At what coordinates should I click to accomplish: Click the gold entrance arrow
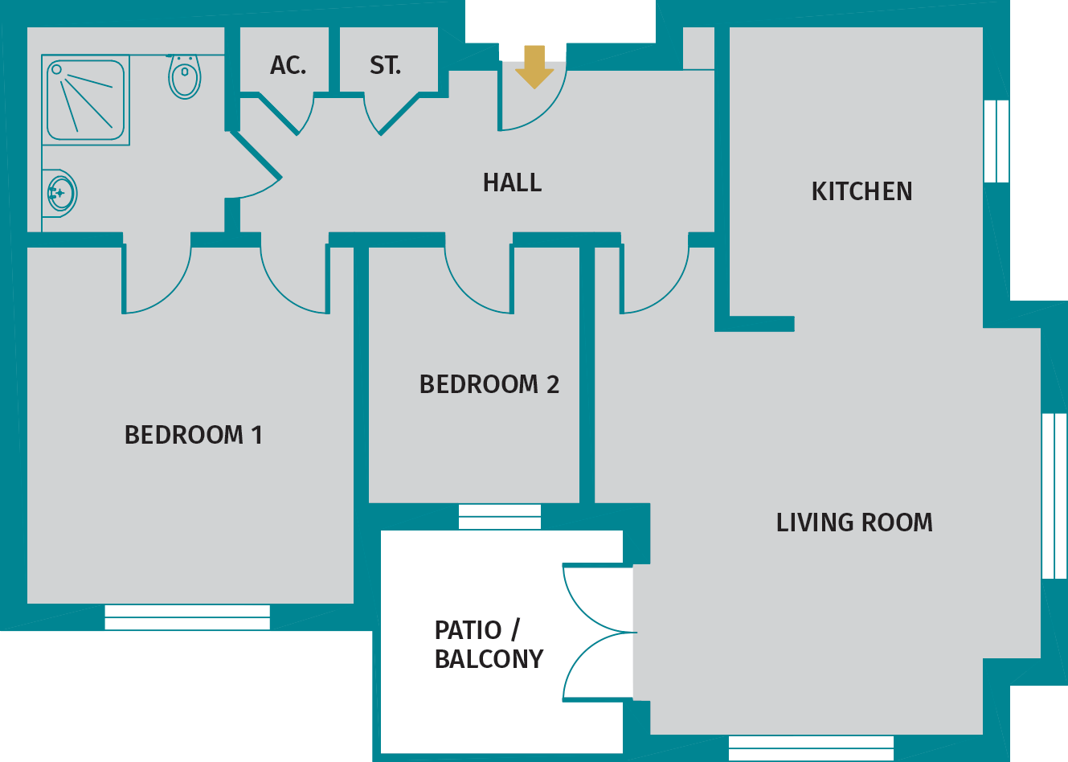534,67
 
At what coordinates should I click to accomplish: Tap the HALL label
512,183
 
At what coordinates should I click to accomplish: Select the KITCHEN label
861,192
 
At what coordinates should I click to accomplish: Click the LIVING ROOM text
854,523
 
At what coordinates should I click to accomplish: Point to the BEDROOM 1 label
193,436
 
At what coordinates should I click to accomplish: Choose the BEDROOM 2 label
489,385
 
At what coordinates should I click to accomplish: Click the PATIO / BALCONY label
489,645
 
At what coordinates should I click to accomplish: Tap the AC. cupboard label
288,66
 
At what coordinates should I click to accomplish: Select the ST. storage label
385,66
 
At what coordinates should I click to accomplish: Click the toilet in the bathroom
185,77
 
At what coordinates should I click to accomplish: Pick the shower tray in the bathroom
85,100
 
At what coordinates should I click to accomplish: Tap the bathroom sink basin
60,193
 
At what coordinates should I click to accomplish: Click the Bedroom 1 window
187,617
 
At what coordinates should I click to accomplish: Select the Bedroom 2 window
500,517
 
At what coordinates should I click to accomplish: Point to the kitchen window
996,141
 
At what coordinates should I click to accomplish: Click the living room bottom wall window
811,748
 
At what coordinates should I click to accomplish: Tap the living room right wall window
1054,496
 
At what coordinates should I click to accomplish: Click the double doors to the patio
599,633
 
